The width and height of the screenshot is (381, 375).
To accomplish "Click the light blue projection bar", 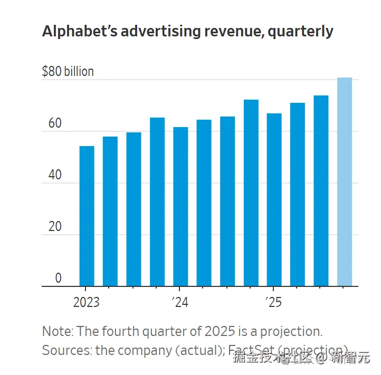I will pyautogui.click(x=345, y=182).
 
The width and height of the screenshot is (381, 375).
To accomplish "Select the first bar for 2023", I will pyautogui.click(x=87, y=216).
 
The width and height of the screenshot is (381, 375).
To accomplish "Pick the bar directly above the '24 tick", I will pyautogui.click(x=180, y=207).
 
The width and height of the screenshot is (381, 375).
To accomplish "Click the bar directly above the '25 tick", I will pyautogui.click(x=274, y=200).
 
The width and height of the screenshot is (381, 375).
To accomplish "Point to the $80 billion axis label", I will pyautogui.click(x=68, y=72).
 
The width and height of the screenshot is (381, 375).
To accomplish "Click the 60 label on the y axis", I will pyautogui.click(x=55, y=124).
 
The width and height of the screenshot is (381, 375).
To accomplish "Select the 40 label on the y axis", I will pyautogui.click(x=55, y=176).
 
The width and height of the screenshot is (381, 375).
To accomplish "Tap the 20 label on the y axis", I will pyautogui.click(x=55, y=227).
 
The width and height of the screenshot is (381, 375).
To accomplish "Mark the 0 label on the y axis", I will pyautogui.click(x=59, y=278).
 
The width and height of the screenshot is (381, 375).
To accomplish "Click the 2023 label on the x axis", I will pyautogui.click(x=87, y=302).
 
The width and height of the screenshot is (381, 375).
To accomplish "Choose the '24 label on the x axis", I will pyautogui.click(x=180, y=302).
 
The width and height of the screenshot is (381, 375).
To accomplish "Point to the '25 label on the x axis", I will pyautogui.click(x=273, y=302).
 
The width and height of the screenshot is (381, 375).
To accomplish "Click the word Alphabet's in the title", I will pyautogui.click(x=79, y=31).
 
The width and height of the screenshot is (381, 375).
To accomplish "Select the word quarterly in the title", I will pyautogui.click(x=300, y=32).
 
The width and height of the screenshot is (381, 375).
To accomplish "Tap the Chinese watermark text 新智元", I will pyautogui.click(x=350, y=359).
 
